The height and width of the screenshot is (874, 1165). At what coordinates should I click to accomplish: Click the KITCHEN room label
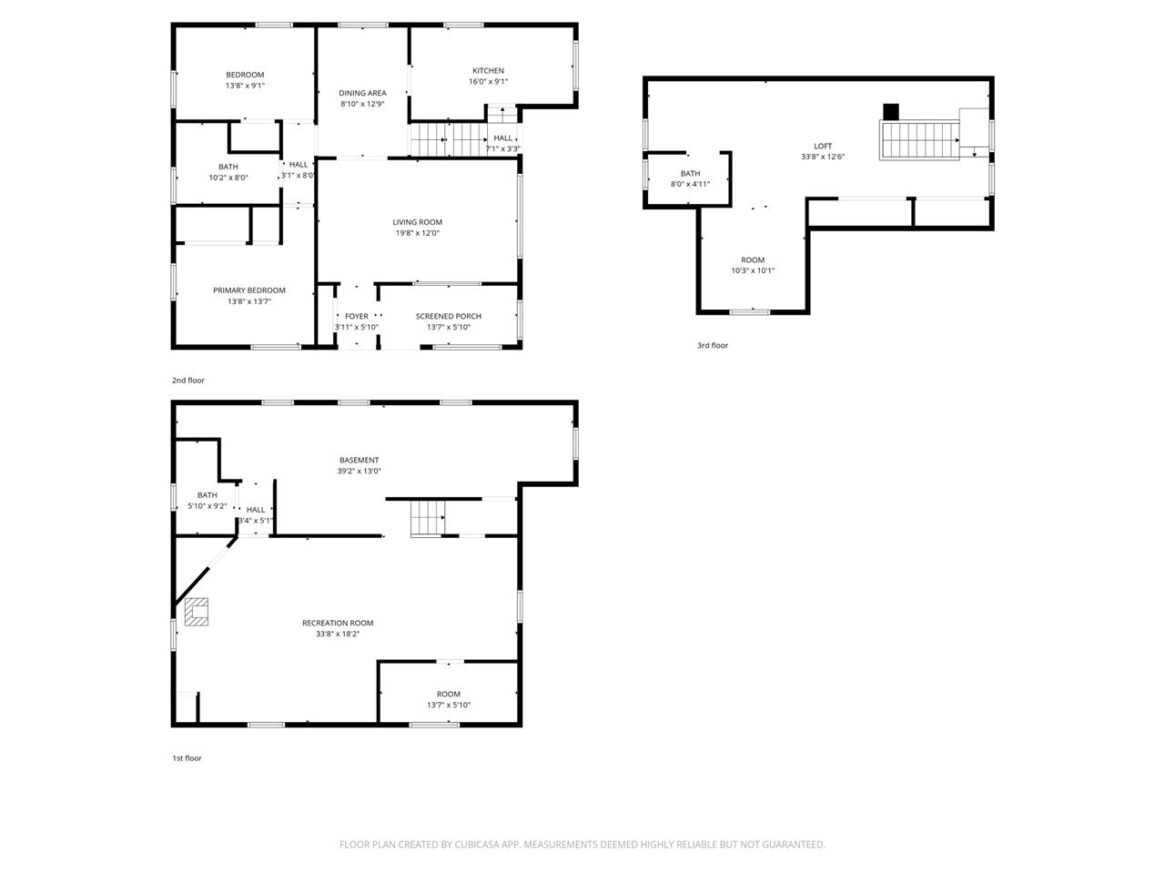(x=488, y=71)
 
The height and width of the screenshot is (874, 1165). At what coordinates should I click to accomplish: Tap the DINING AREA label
(x=362, y=93)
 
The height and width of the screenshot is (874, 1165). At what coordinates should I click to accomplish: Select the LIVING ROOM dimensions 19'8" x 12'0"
(x=417, y=233)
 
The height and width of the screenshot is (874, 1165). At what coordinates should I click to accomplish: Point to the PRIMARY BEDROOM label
(x=248, y=290)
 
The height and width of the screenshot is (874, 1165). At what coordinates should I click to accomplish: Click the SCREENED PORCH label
(x=449, y=316)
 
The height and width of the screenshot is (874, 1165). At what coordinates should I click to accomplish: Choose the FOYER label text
(x=356, y=316)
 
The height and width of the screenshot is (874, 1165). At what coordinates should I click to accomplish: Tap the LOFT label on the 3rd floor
(x=823, y=146)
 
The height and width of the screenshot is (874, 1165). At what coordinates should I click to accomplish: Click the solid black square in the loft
(x=891, y=111)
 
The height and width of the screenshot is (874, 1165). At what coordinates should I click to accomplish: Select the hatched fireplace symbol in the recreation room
(x=197, y=612)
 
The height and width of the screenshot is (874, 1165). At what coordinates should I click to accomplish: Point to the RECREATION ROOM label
(x=338, y=623)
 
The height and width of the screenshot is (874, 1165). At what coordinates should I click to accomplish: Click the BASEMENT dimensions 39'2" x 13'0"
(x=360, y=471)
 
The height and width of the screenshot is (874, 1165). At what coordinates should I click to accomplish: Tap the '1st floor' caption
(x=187, y=758)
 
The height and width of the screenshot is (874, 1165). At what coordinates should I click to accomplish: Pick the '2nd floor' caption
(x=187, y=381)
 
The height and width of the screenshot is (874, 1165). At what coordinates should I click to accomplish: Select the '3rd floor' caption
(x=713, y=345)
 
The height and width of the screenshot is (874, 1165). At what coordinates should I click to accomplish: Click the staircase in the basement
(x=427, y=518)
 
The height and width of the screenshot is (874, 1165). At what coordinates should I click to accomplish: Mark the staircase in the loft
(x=919, y=140)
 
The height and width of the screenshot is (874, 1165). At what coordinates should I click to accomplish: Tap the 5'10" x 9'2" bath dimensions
(x=207, y=506)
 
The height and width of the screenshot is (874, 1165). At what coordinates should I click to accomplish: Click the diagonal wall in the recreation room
(x=206, y=571)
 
